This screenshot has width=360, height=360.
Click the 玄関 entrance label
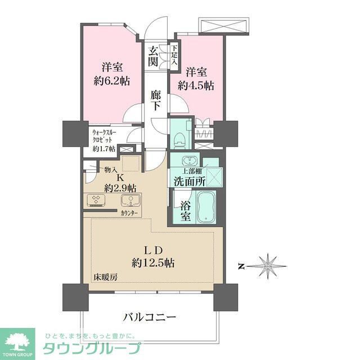point(154,56)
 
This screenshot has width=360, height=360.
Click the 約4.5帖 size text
point(196,85)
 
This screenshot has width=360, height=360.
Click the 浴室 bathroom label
point(184,209)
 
